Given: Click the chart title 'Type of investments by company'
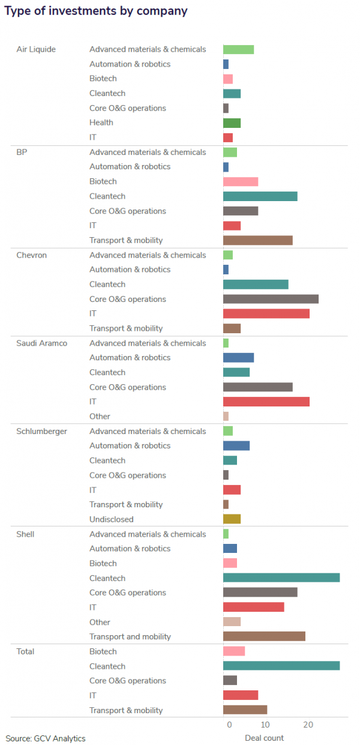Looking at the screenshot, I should pyautogui.click(x=96, y=11).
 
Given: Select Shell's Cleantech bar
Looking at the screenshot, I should pyautogui.click(x=281, y=578).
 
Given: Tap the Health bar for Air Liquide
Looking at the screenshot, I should pyautogui.click(x=232, y=123).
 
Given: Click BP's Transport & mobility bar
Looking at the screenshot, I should pyautogui.click(x=258, y=240).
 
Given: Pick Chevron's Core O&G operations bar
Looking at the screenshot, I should pyautogui.click(x=271, y=299).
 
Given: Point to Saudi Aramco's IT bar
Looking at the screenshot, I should pyautogui.click(x=266, y=402).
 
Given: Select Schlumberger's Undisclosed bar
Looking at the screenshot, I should pyautogui.click(x=232, y=519).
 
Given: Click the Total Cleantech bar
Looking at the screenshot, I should pyautogui.click(x=281, y=666).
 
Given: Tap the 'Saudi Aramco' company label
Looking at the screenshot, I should pyautogui.click(x=42, y=343).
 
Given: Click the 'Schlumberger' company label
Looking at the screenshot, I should pyautogui.click(x=42, y=431).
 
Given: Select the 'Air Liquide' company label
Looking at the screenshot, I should pyautogui.click(x=36, y=49).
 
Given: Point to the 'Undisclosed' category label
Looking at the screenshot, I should pyautogui.click(x=112, y=519).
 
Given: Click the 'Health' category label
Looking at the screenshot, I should pyautogui.click(x=101, y=122).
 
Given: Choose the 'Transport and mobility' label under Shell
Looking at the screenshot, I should pyautogui.click(x=130, y=636).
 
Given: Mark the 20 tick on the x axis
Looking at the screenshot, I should pyautogui.click(x=308, y=725).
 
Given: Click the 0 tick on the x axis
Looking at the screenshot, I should pyautogui.click(x=229, y=725).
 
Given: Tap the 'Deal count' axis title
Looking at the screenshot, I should pyautogui.click(x=265, y=738).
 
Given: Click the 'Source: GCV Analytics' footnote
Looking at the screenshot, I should pyautogui.click(x=46, y=738).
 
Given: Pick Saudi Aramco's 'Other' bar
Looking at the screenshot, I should pyautogui.click(x=226, y=416).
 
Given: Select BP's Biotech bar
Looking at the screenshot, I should pyautogui.click(x=241, y=181).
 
